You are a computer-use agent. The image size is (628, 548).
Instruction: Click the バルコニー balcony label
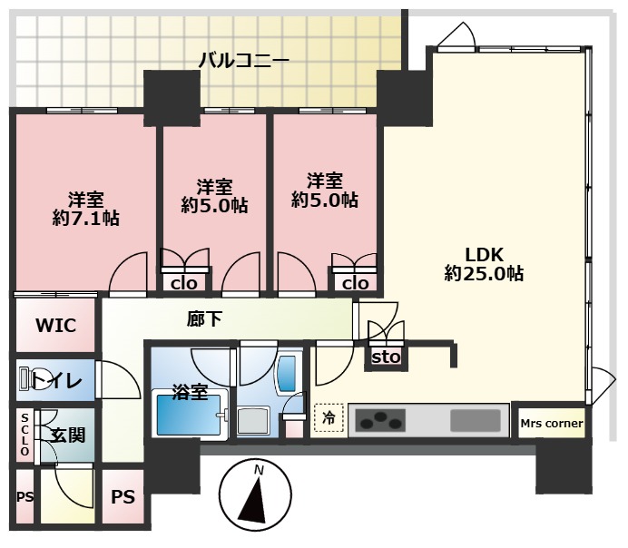pyautogui.click(x=244, y=61)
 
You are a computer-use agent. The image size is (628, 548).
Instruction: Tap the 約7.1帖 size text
pyautogui.click(x=85, y=218)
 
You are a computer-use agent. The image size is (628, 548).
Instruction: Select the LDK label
pyautogui.click(x=484, y=255)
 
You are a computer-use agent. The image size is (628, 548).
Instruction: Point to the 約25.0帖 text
pyautogui.click(x=484, y=274)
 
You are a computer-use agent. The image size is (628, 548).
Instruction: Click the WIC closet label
pyautogui.click(x=55, y=326)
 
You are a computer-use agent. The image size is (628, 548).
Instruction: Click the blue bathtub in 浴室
pyautogui.click(x=189, y=415)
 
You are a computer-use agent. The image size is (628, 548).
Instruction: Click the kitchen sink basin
pyautogui.click(x=476, y=421)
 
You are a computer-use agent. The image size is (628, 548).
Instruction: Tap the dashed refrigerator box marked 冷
pyautogui.click(x=329, y=418)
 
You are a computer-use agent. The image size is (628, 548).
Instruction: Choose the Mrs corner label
pyautogui.click(x=552, y=423)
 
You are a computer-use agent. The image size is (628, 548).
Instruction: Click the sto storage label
pyautogui.click(x=386, y=357)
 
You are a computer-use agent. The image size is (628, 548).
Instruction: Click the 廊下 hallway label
pyautogui.click(x=204, y=319)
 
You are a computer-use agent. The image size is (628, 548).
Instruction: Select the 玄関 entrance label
pyautogui.click(x=68, y=435)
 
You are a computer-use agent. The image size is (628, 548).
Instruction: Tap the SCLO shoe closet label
pyautogui.click(x=25, y=435)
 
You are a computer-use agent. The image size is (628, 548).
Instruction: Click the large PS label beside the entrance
pyautogui.click(x=123, y=497)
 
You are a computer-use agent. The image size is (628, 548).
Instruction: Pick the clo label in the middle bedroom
pyautogui.click(x=184, y=283)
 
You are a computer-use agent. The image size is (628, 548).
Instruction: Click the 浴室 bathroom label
pyautogui.click(x=190, y=392)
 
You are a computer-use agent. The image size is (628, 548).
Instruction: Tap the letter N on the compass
pyautogui.click(x=260, y=470)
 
